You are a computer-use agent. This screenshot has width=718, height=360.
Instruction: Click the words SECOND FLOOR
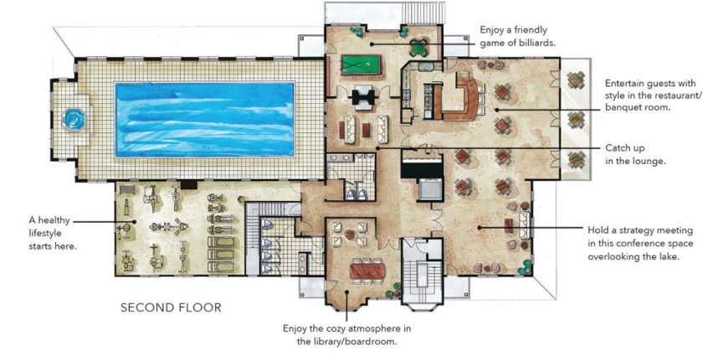click(x=171, y=307)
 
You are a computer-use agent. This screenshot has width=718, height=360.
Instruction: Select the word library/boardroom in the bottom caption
click(x=362, y=342)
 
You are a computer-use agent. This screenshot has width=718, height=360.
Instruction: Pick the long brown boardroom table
click(x=362, y=269)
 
